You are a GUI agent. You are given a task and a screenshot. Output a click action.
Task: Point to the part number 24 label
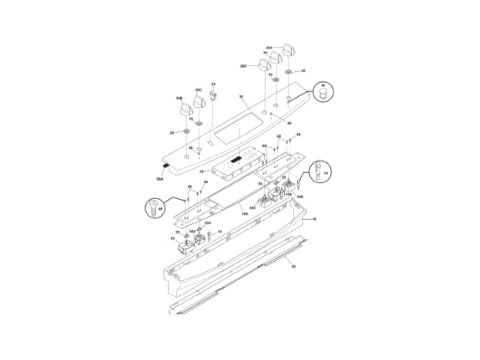tap(213, 84)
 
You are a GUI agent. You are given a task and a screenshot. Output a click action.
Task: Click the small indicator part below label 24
tap(213, 96)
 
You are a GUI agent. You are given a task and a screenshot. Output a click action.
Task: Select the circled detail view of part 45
tap(324, 93)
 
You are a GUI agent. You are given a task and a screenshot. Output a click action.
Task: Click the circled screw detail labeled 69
tap(156, 205)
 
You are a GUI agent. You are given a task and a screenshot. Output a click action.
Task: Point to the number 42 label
tap(294, 266)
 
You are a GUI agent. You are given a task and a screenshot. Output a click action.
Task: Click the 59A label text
tap(160, 179)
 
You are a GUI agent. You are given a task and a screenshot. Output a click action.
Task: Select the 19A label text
tap(244, 214)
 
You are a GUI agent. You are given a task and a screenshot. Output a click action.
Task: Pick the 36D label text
tap(244, 66)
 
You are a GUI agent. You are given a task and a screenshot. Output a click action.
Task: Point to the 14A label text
tap(288, 193)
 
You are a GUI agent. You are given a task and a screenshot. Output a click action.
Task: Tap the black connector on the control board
tap(235, 159)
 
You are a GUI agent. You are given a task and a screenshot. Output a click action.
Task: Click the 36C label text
tap(199, 90)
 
